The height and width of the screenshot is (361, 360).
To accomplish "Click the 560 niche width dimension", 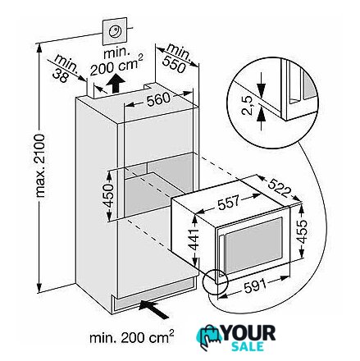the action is (158, 99).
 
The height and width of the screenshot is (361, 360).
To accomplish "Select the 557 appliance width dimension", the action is (228, 202).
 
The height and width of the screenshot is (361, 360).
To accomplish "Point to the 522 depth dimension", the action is (278, 188).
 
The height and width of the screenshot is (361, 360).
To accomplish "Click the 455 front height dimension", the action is (302, 231).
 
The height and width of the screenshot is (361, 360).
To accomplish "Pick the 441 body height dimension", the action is (194, 239).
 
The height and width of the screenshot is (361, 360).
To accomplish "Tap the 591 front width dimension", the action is (254, 286).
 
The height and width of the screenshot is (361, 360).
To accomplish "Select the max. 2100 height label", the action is (40, 166).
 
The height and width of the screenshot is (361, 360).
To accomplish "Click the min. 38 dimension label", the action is (65, 67).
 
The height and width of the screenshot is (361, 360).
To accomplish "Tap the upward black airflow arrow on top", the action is (116, 83).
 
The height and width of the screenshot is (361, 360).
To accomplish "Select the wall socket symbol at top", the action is (115, 31).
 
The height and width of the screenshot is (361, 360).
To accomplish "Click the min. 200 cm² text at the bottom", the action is (132, 337).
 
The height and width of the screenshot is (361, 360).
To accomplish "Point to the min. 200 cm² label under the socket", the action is (116, 62).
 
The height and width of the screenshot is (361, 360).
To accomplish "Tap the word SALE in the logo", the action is (248, 346).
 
